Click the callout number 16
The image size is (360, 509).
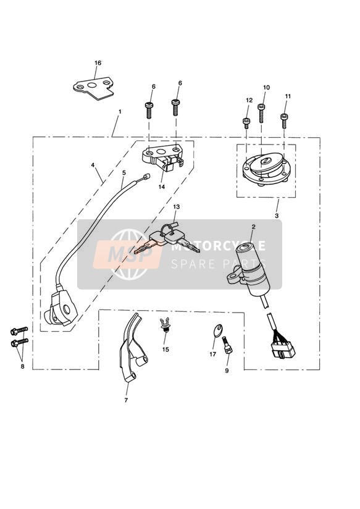tap(98, 63)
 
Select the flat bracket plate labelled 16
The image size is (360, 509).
tap(93, 88)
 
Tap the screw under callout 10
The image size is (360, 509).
tap(261, 112)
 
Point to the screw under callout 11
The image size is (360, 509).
tap(284, 120)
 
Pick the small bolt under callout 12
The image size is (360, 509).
tap(246, 123)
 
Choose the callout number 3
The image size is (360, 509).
tap(277, 216)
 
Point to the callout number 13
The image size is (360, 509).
tap(176, 207)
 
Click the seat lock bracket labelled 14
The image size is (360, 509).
tap(162, 156)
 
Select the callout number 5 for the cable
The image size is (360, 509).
tap(123, 173)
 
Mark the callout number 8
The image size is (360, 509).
tap(22, 366)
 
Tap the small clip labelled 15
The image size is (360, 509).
tap(165, 325)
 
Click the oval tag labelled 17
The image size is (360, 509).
tap(218, 330)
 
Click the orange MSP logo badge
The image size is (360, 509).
tap(128, 254)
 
